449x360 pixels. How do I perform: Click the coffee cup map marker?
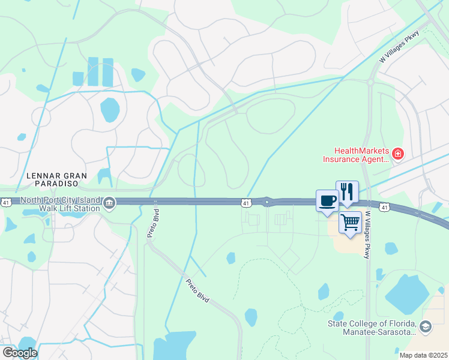(x=327, y=200)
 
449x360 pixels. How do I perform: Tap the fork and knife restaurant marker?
(x=347, y=191)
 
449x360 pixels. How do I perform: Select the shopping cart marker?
(x=350, y=221)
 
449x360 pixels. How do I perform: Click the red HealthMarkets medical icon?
(x=397, y=155)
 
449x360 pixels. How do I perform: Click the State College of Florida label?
(x=372, y=328)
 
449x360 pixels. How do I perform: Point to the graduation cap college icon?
(x=426, y=326)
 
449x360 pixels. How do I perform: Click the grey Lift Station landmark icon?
(x=109, y=202)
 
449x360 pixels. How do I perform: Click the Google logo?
(x=19, y=352)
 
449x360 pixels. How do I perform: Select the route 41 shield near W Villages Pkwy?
(x=385, y=207)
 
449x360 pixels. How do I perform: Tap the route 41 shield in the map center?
(x=246, y=204)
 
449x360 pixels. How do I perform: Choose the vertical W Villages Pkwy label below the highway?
(x=368, y=235)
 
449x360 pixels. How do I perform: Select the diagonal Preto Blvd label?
(x=197, y=290)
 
